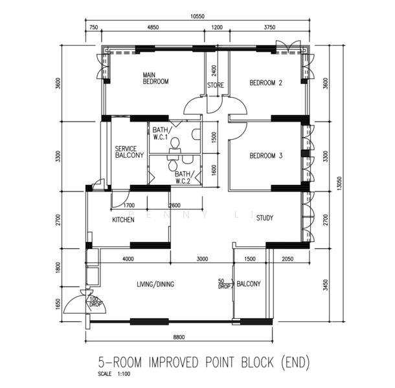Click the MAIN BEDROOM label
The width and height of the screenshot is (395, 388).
[155, 78]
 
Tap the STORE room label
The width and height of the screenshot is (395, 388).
[215, 85]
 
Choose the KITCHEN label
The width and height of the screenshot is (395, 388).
[123, 220]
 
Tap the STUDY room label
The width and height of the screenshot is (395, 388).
[265, 218]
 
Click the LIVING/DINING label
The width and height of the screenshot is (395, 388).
[155, 284]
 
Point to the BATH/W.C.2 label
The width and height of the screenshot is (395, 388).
[183, 177]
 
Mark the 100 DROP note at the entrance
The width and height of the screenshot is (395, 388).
[95, 301]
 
